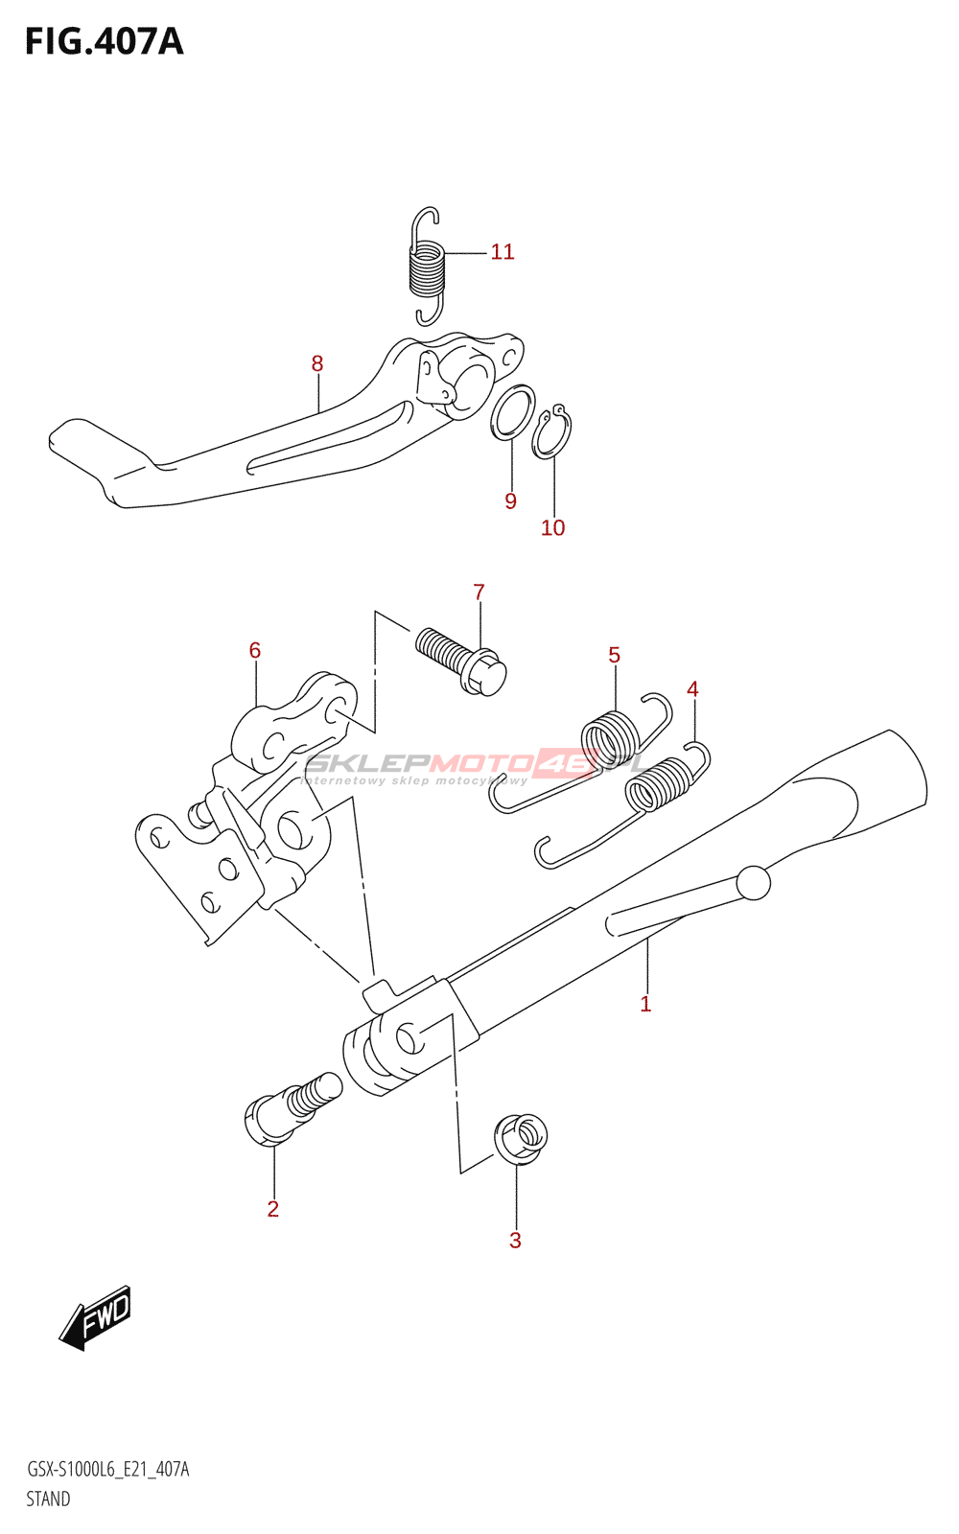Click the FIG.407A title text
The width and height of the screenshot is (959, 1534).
[104, 42]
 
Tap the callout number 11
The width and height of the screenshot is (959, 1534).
[503, 252]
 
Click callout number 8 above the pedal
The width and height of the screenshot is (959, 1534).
[317, 364]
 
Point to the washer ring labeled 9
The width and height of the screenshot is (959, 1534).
[513, 413]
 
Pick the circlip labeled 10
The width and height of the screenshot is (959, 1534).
[552, 432]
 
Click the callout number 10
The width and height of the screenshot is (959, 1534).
[553, 527]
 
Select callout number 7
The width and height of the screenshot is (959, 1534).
[479, 593]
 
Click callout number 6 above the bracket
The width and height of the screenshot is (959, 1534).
[255, 650]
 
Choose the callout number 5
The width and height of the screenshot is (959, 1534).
[614, 655]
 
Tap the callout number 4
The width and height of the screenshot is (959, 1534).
[692, 688]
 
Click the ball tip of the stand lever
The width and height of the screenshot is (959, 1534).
[754, 883]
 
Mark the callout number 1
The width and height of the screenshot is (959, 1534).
[645, 1004]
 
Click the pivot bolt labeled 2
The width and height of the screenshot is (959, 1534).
[288, 1110]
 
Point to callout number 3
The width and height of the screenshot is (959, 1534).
[515, 1241]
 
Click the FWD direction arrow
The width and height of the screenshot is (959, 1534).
[96, 1317]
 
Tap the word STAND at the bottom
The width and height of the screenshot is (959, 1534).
[48, 1499]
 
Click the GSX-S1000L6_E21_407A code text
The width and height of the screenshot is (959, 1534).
[107, 1470]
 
